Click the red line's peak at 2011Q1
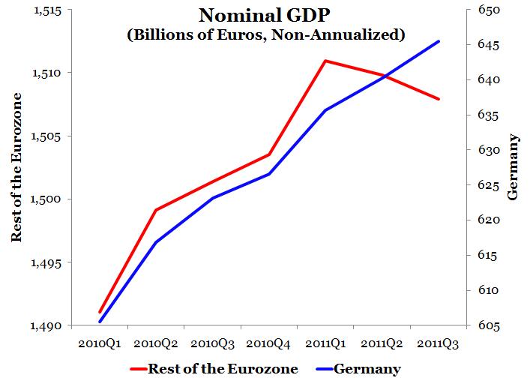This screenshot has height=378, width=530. pos(325,60)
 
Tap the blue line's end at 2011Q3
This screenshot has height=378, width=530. pos(439,41)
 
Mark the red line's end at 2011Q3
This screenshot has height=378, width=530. pos(439,99)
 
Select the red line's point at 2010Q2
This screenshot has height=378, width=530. pos(156,210)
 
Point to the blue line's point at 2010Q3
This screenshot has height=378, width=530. pos(213,198)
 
